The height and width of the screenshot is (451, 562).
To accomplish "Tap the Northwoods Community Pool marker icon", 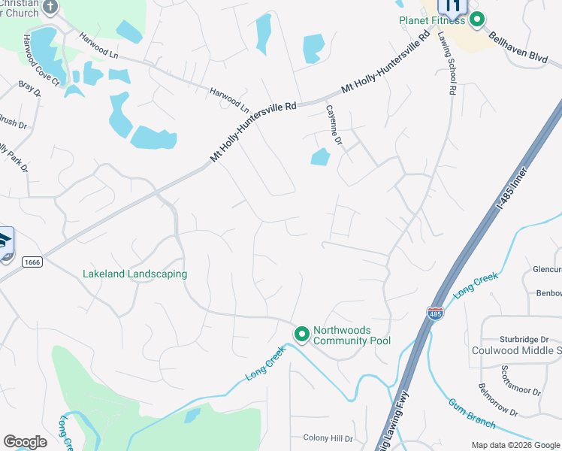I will (302, 333).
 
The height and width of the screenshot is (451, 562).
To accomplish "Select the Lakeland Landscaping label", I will (134, 274).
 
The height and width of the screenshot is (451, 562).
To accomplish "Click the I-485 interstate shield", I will (434, 313).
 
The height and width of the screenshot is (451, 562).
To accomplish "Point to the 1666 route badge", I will (32, 261).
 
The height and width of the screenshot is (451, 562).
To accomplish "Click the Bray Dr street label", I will (30, 90).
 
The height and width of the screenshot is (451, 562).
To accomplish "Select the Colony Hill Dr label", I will (328, 438).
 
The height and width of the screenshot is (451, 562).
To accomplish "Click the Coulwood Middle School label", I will (516, 351).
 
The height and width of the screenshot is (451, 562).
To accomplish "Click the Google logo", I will (25, 442).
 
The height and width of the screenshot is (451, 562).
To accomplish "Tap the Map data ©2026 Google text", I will (515, 445).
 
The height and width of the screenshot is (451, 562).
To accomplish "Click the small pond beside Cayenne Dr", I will (321, 157).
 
